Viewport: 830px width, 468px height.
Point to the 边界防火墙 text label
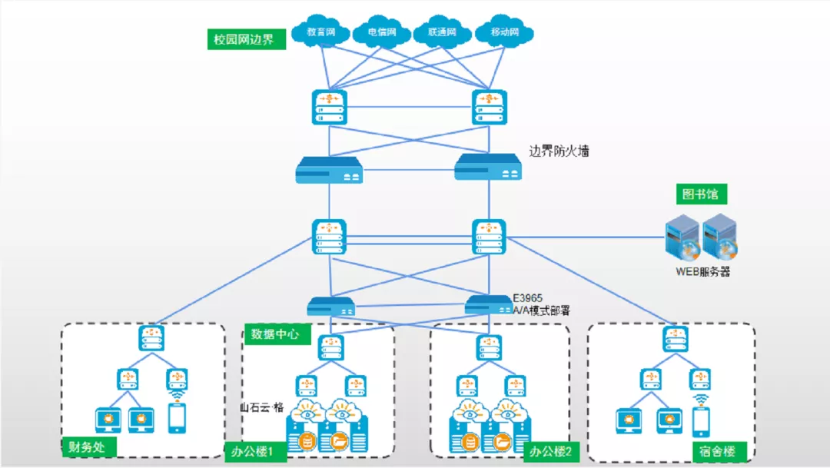point(559,151)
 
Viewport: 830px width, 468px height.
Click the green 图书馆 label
point(701,194)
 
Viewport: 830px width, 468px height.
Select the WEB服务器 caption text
point(702,271)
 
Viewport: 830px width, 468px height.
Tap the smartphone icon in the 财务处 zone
point(177,418)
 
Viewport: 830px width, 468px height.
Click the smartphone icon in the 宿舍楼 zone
point(701,421)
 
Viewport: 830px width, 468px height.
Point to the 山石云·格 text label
point(262,407)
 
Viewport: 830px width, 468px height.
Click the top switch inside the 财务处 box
point(151,339)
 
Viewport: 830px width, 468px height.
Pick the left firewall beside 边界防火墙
point(329,169)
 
